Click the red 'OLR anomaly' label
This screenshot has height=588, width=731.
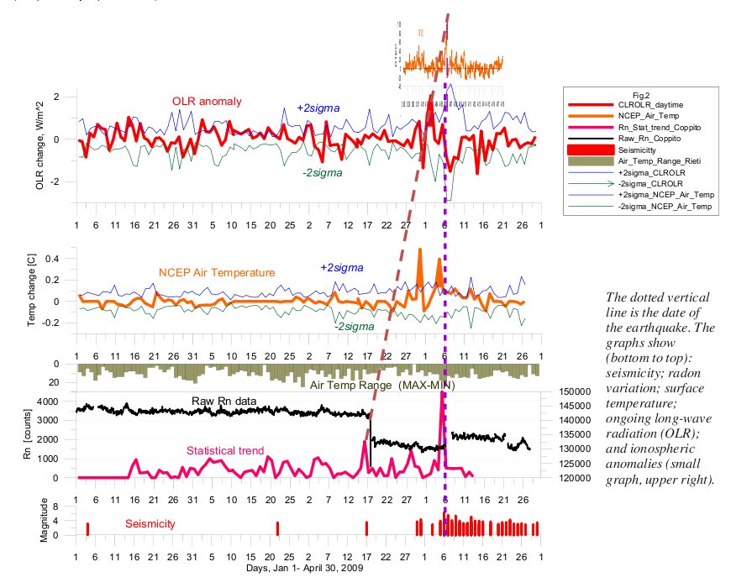click(202, 102)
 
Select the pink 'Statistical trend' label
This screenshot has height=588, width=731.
click(226, 450)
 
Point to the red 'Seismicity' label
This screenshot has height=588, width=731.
click(150, 523)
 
